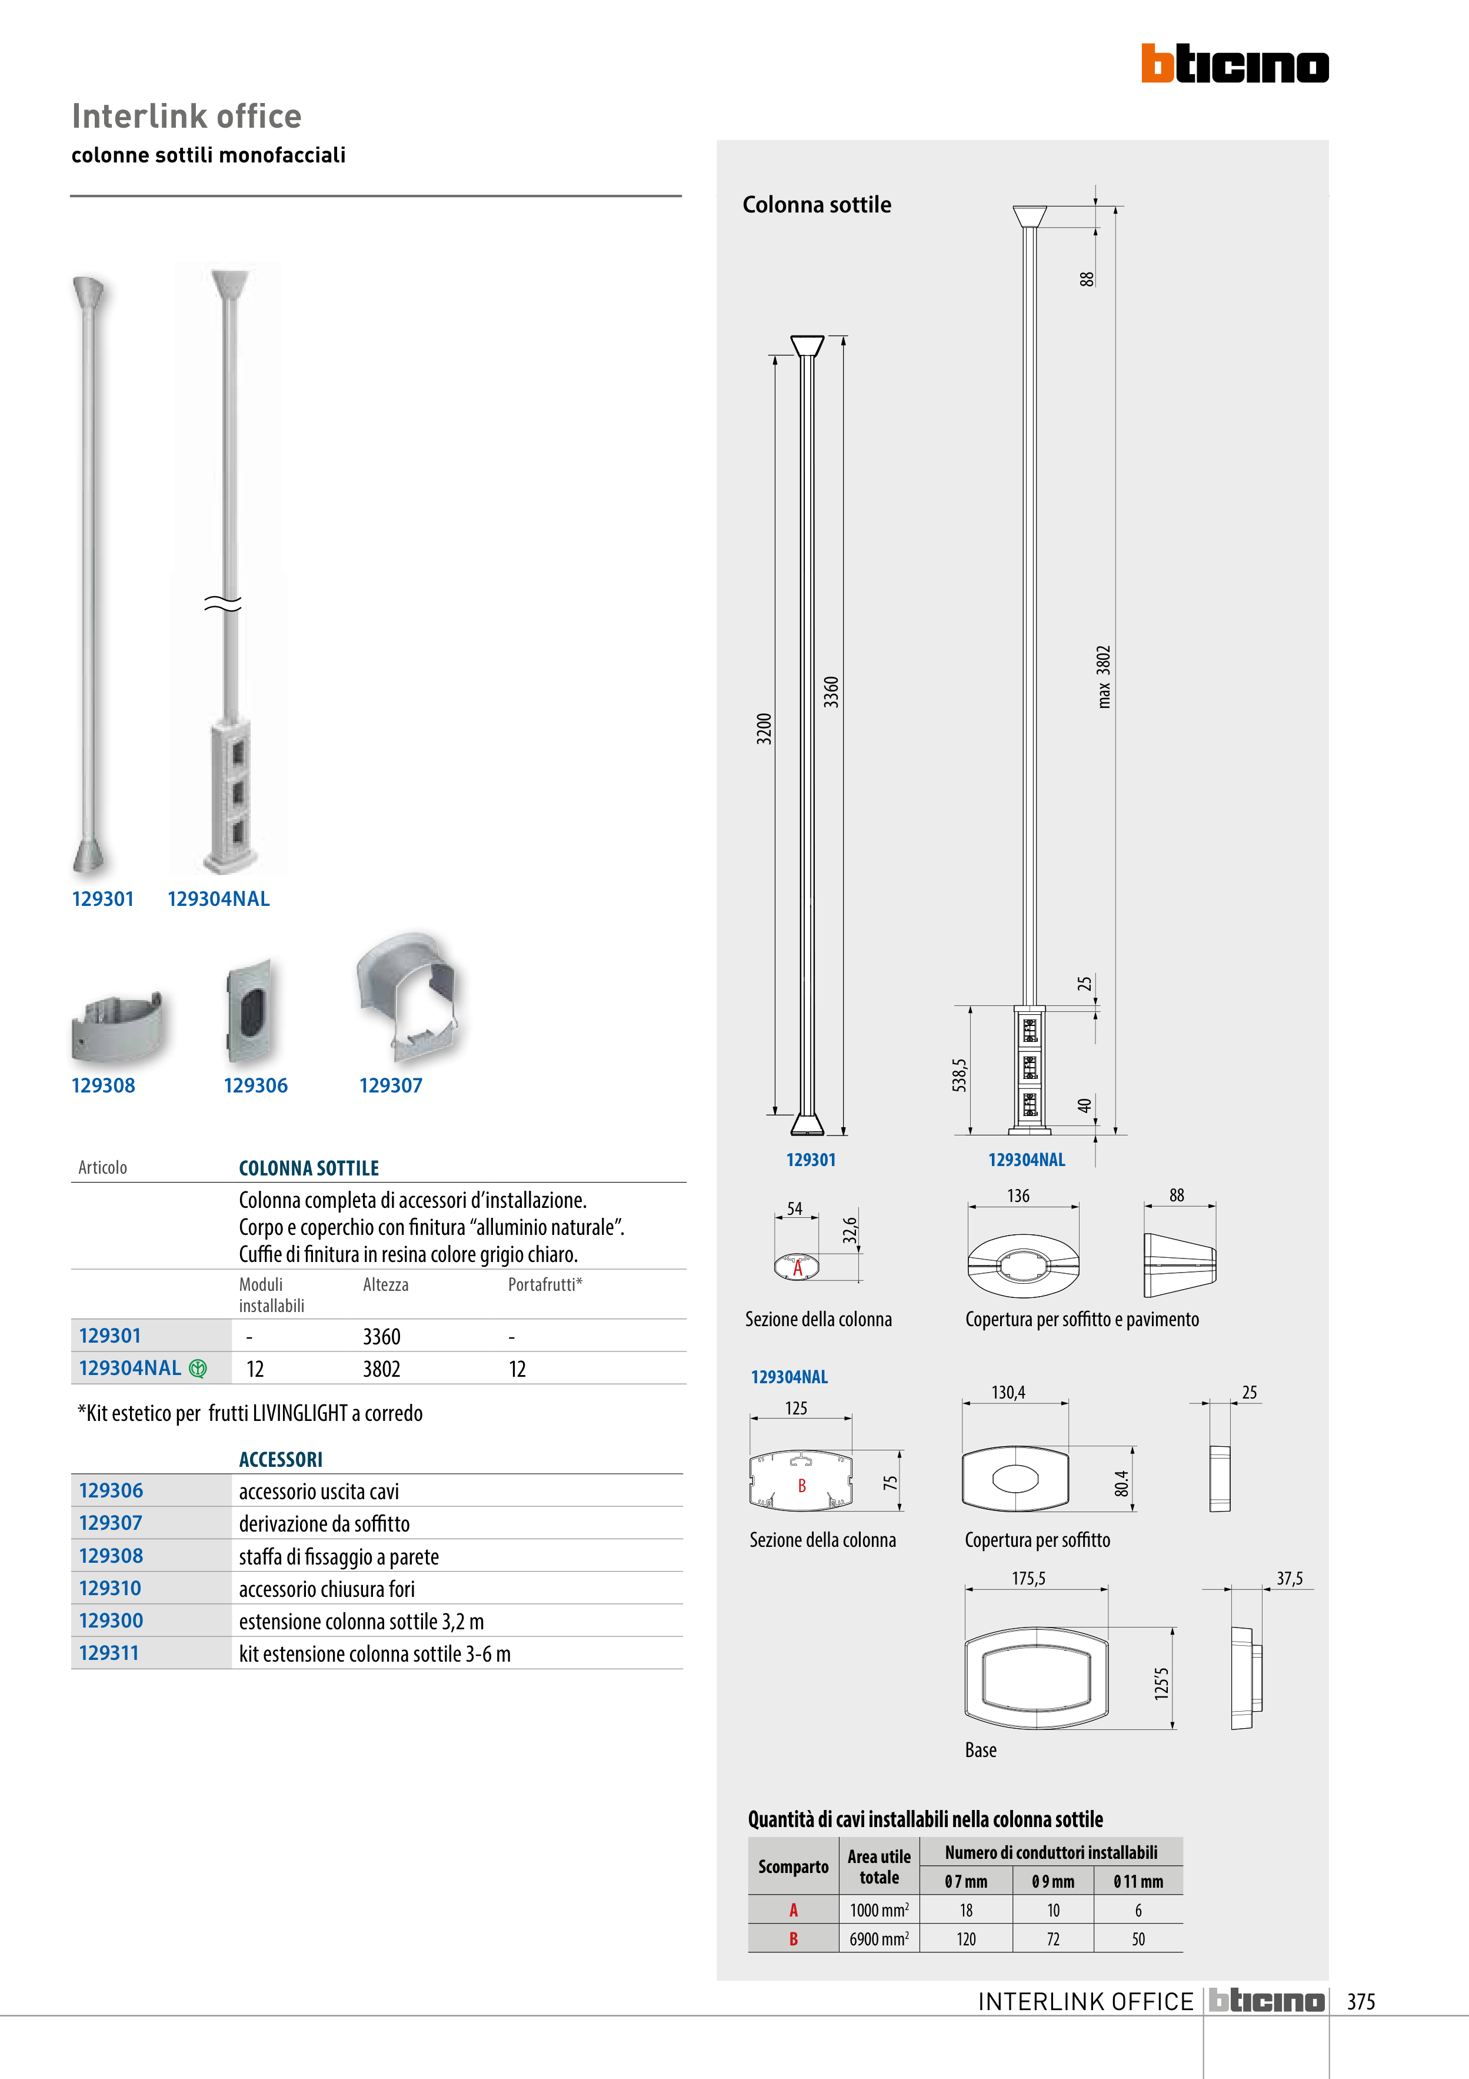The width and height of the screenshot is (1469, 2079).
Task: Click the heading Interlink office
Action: pos(186,116)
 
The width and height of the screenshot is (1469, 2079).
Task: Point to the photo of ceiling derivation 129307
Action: pos(408,995)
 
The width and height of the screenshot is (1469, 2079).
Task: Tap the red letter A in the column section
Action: pos(797,1268)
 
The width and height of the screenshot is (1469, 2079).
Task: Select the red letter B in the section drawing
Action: pos(802,1485)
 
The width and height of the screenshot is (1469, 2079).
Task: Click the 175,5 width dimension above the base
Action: pos(1028,1578)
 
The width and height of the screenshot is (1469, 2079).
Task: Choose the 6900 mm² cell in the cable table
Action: pos(878,1939)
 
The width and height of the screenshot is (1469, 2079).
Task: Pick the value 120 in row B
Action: pos(966,1939)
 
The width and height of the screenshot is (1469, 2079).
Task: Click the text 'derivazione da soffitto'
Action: pos(324,1524)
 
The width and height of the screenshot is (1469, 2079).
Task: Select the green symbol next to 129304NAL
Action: pos(197,1368)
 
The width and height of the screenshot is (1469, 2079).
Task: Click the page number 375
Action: pos(1360,2001)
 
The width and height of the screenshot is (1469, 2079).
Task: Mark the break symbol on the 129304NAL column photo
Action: pos(222,603)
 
